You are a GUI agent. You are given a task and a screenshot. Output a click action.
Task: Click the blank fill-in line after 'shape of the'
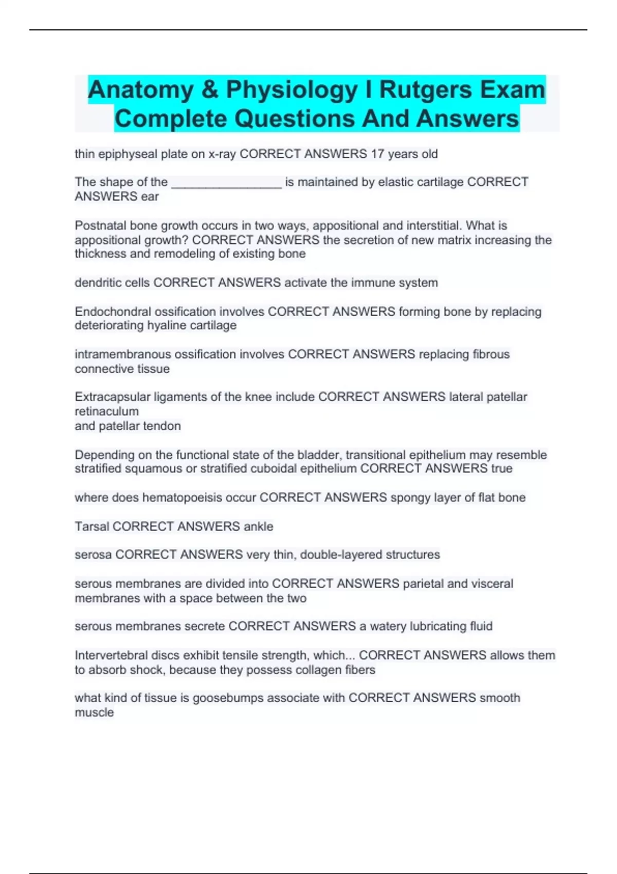point(226,183)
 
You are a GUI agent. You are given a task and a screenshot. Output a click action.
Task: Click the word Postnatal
point(100,226)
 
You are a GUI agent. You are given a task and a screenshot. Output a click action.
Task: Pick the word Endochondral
point(110,312)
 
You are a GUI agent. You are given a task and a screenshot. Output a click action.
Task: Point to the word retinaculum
point(106,412)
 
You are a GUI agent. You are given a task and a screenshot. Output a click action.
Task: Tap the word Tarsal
point(92,526)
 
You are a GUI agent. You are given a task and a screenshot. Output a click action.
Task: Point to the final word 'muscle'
point(94,713)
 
